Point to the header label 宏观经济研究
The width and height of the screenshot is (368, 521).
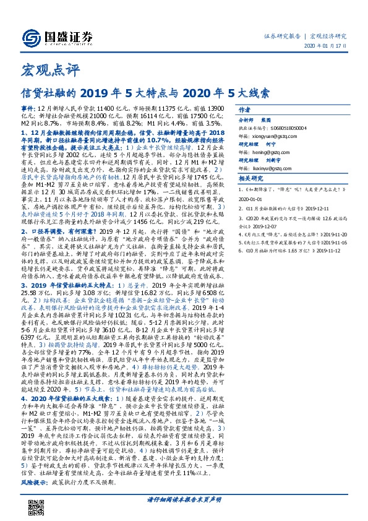pyautogui.click(x=328, y=36)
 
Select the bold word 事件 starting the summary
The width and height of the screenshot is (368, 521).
pyautogui.click(x=28, y=107)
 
